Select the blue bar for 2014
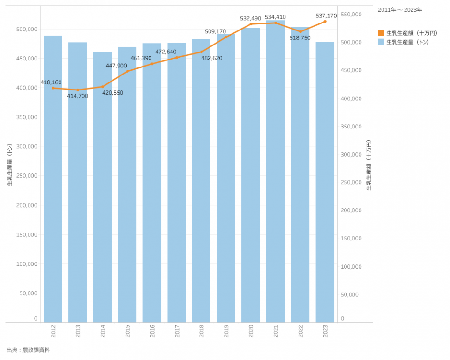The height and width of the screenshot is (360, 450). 102,187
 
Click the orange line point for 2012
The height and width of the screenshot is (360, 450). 53,88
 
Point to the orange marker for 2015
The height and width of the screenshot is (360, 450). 127,71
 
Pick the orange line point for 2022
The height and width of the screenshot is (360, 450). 300,31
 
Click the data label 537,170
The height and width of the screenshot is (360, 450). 326,16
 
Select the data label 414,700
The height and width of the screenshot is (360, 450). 77,96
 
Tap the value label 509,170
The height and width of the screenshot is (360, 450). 215,31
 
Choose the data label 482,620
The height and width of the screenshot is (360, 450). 212,58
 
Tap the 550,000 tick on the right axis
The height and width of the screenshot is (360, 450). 351,15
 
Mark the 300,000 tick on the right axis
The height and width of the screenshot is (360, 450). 351,154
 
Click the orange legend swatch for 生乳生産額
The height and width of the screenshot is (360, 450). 381,33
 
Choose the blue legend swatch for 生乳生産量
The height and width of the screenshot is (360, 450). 381,42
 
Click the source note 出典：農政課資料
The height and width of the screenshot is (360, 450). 28,350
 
